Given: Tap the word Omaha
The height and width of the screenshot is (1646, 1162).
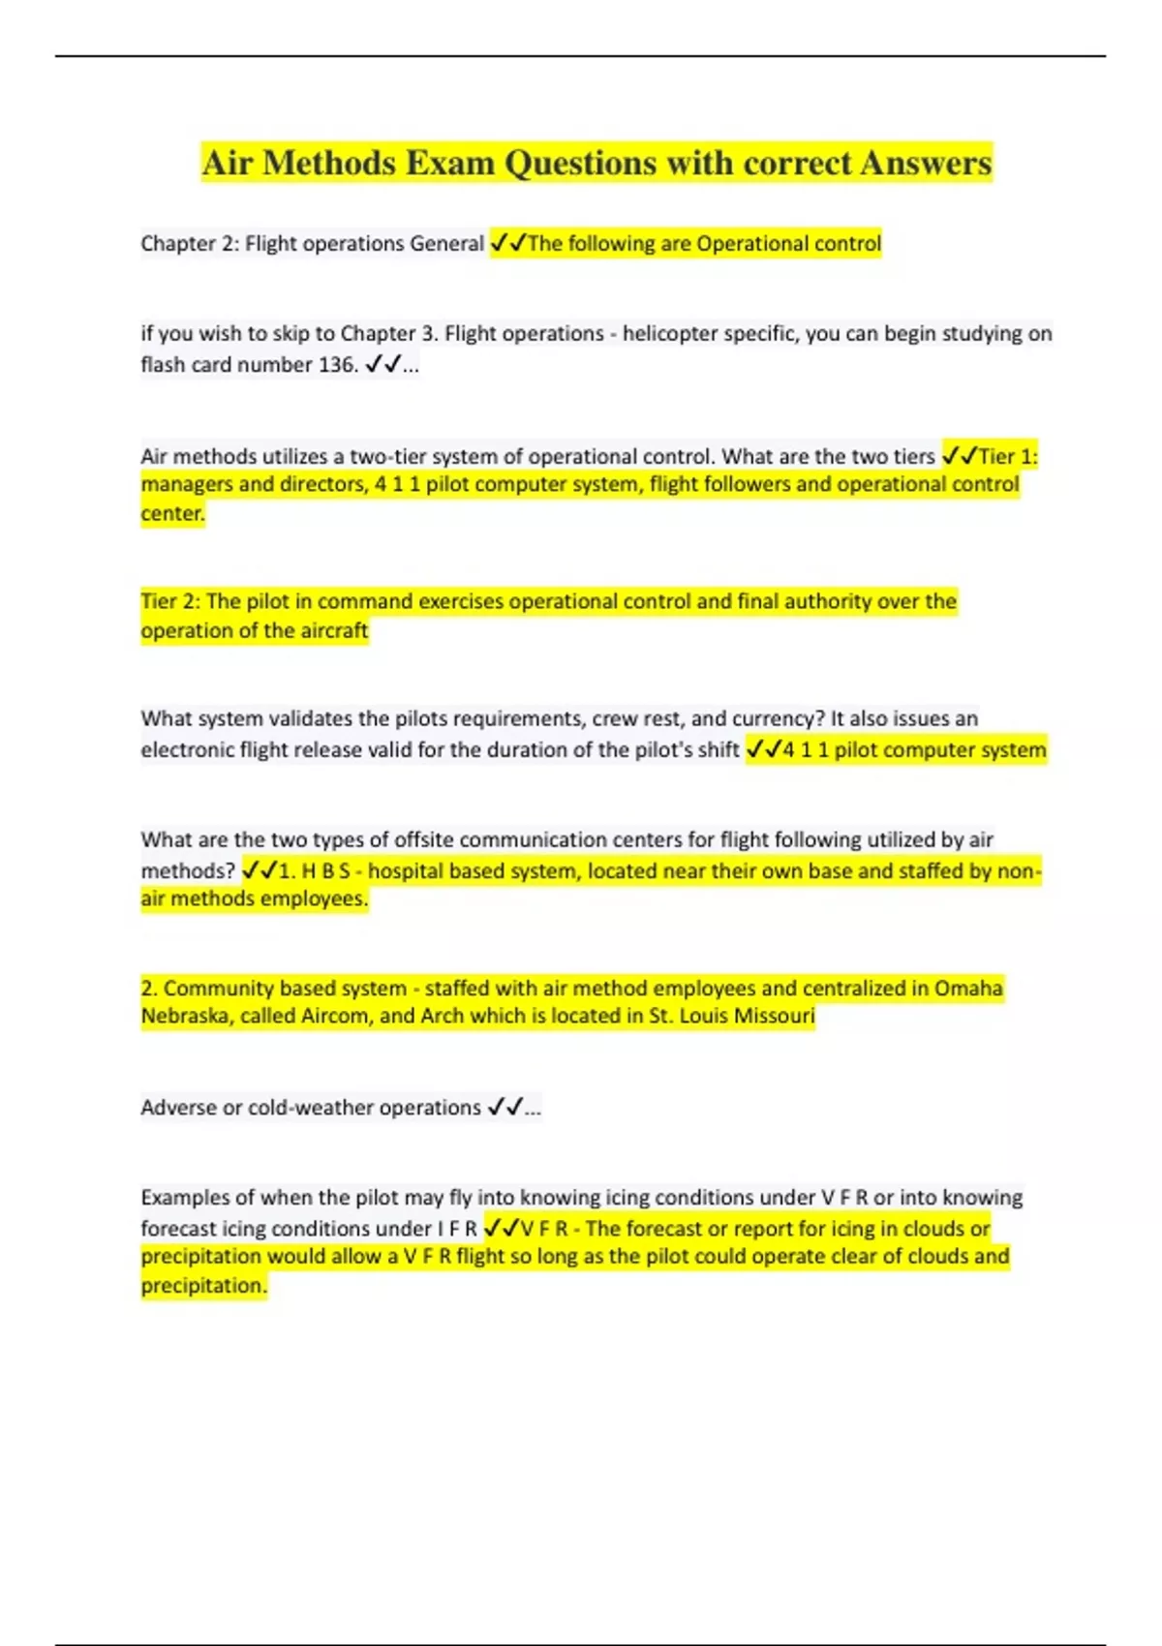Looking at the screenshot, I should point(968,989).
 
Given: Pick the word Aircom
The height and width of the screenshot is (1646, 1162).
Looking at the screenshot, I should point(335,1017).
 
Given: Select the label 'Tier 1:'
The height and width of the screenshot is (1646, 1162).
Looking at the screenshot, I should point(1008,456).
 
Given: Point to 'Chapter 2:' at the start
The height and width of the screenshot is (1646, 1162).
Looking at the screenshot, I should point(190,243).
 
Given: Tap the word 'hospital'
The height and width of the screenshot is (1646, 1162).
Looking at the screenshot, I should point(406,871).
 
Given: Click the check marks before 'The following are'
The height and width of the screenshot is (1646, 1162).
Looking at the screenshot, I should point(507,243).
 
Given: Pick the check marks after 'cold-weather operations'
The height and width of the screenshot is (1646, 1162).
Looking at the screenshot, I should point(505,1108).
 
